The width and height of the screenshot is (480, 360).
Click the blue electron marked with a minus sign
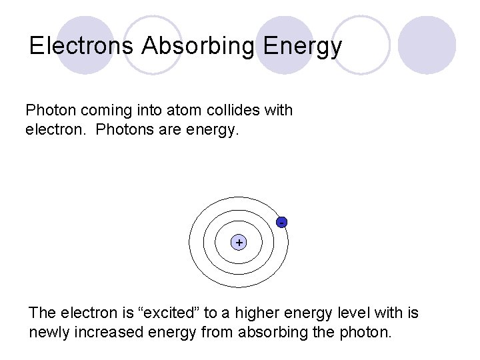[x=283, y=221]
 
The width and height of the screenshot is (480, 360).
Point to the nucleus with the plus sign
[x=239, y=243]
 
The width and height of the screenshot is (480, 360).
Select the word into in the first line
[x=155, y=110]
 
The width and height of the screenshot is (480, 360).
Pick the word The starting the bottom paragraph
[x=43, y=313]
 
